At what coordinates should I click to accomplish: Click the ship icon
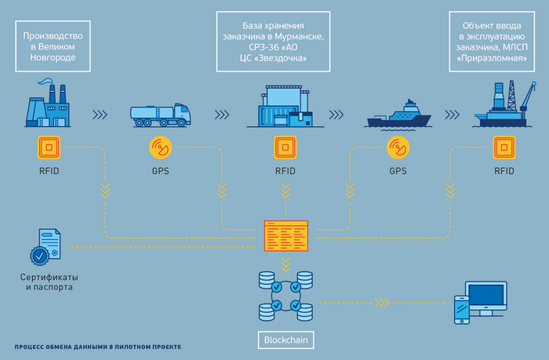tap(398, 115)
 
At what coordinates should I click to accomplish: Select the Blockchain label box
tap(285, 340)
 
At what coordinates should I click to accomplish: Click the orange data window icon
tap(285, 235)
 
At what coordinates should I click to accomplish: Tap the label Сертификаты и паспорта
tap(48, 282)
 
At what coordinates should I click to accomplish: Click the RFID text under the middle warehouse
tap(285, 170)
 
